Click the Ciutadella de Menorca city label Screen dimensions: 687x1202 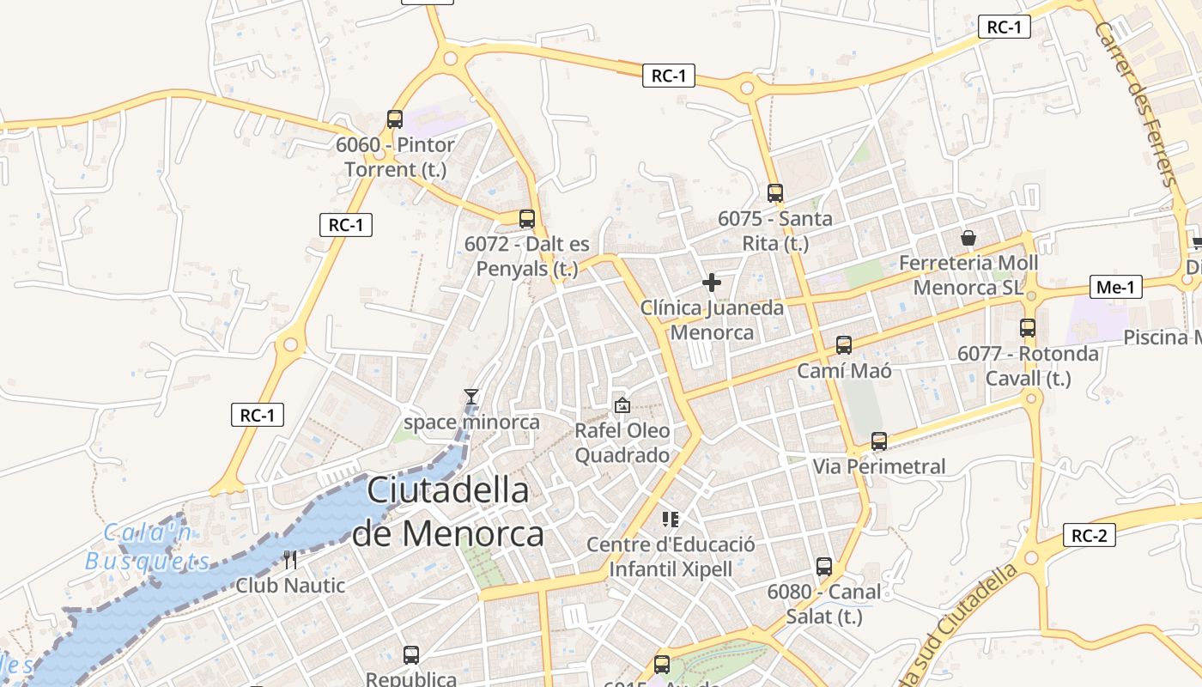pos(447,512)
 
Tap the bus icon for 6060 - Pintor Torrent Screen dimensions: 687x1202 pos(395,119)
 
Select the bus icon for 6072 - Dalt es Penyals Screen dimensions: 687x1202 pos(527,219)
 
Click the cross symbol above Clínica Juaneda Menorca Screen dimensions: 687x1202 pos(712,282)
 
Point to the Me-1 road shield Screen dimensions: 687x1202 pos(1115,288)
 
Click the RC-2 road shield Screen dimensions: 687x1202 pos(1090,536)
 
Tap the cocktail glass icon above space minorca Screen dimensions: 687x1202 pos(470,396)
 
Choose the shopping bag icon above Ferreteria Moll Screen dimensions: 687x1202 pos(968,237)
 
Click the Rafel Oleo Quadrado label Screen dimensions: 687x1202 pos(622,442)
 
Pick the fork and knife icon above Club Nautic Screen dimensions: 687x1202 pos(290,560)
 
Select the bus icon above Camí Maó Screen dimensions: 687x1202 pos(844,345)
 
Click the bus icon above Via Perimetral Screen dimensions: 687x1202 pos(879,441)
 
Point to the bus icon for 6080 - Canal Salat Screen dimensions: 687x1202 pos(824,567)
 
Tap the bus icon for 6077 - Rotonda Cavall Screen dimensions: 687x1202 pos(1028,327)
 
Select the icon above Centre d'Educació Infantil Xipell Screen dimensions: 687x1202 pos(671,519)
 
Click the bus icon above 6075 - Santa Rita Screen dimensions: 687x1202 pos(775,193)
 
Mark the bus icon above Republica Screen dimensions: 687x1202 pos(411,655)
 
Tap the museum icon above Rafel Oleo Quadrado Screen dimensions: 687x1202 pos(622,404)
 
